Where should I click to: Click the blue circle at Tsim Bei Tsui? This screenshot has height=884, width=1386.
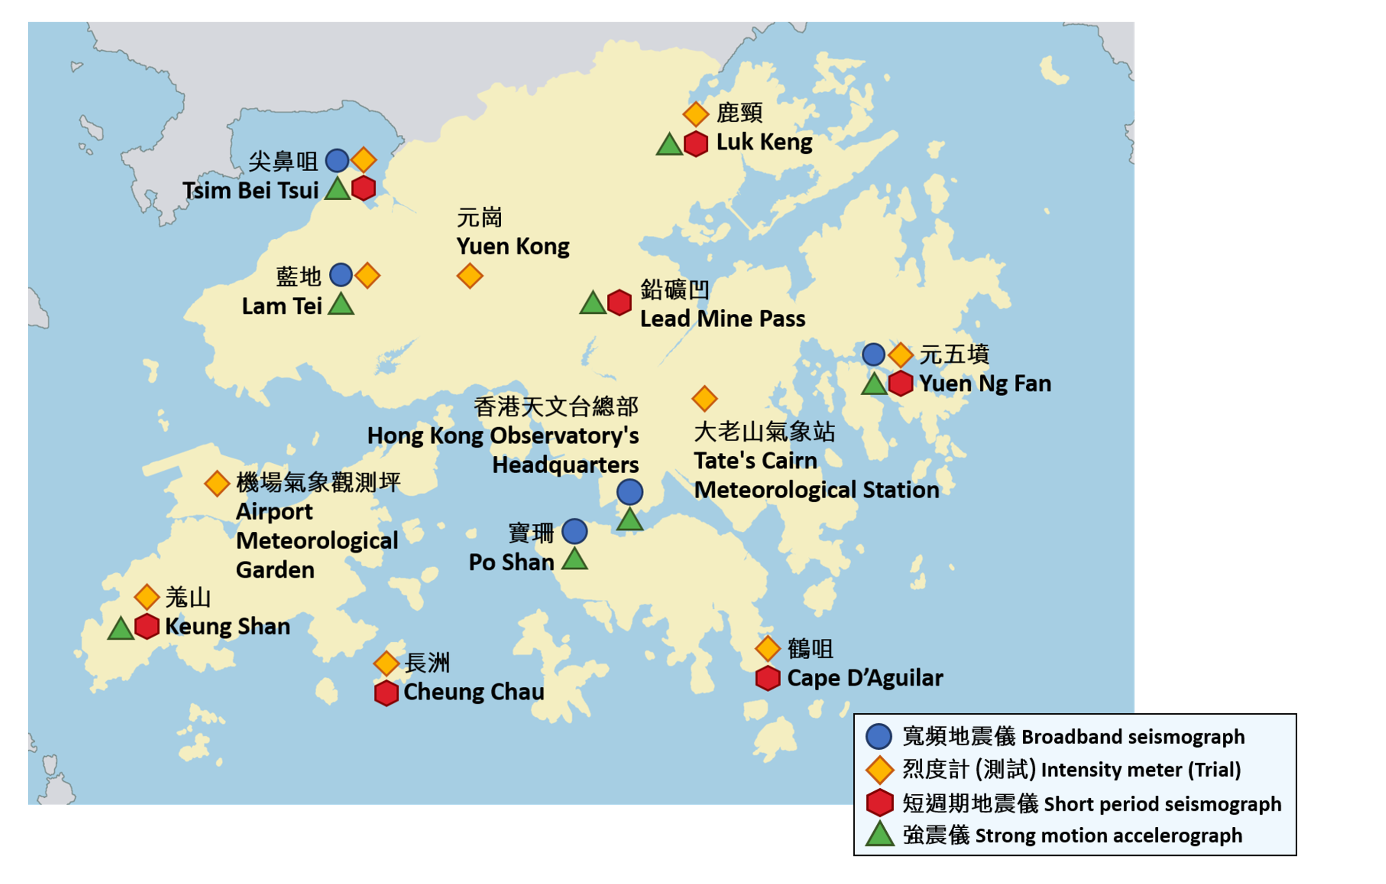tap(337, 161)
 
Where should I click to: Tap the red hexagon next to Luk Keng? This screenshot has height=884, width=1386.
tap(696, 144)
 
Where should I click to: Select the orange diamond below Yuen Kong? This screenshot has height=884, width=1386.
tap(470, 276)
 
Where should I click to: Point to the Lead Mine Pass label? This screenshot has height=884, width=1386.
tap(723, 319)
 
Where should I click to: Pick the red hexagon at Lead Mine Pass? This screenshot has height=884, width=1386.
tap(620, 302)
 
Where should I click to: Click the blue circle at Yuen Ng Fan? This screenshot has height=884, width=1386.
tap(873, 354)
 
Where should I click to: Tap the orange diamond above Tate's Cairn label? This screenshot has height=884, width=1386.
tap(704, 399)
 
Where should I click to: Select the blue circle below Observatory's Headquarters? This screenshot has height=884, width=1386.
tap(630, 492)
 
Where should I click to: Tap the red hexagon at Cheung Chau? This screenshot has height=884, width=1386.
tap(386, 694)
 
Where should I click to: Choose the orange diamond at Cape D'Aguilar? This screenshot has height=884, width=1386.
tap(768, 649)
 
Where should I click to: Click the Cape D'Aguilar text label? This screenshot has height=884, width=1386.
tap(865, 678)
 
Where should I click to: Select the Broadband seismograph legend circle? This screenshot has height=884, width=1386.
tap(879, 737)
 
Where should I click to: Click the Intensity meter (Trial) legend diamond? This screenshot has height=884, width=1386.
tap(879, 770)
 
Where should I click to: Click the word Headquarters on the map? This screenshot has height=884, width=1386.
tap(565, 465)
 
